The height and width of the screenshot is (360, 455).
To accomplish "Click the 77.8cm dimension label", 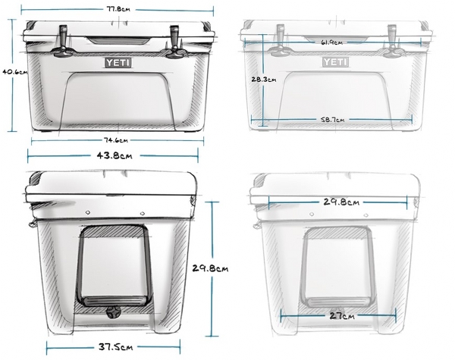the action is (118, 9).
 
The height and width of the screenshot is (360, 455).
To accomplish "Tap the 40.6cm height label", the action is (15, 72).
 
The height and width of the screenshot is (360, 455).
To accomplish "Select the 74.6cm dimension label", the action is (116, 140).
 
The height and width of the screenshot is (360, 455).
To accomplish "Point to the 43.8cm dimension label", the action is (115, 156).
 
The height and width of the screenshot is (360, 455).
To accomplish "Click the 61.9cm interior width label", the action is (331, 42).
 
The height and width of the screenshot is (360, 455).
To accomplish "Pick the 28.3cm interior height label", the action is (264, 79).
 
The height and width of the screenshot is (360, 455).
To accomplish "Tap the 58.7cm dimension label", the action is (333, 119).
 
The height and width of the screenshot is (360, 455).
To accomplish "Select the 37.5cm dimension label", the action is (115, 347).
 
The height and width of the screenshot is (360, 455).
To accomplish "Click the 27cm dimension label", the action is (342, 315).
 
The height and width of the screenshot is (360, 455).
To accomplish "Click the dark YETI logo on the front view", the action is (118, 63).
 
